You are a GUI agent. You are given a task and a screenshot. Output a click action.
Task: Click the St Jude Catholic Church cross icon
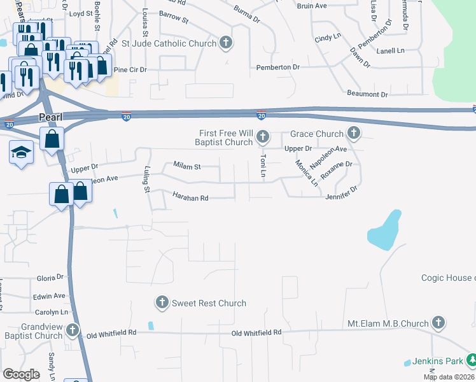tap(225, 43)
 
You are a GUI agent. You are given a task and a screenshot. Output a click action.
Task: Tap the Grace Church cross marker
tap(354, 134)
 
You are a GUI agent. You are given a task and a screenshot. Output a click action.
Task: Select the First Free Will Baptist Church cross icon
tap(263, 137)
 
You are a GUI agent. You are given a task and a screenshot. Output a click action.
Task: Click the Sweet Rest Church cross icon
tap(162, 302)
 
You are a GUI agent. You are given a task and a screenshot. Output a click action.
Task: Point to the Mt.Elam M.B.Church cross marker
tap(438, 323)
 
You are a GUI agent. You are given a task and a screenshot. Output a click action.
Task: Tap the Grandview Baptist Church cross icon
tap(73, 330)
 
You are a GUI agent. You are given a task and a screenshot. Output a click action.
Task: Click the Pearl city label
tap(50, 117)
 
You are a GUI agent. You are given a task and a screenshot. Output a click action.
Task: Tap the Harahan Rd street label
tap(190, 197)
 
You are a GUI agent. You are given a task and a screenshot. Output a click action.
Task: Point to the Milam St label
tap(187, 166)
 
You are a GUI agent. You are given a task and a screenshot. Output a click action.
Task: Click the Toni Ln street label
tap(262, 165)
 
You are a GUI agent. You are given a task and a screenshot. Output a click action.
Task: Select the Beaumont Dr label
tap(367, 94)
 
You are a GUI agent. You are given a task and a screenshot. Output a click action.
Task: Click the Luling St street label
tap(146, 181)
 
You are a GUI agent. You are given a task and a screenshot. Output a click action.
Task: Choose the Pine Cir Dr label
tap(130, 69)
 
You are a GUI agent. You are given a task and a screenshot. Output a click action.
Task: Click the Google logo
tap(21, 374)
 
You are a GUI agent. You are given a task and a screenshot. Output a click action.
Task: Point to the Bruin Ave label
tap(312, 6)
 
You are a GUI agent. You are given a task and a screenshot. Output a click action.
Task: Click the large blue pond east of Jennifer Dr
tap(384, 230)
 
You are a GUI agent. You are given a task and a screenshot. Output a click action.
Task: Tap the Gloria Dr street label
tap(50, 278)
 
